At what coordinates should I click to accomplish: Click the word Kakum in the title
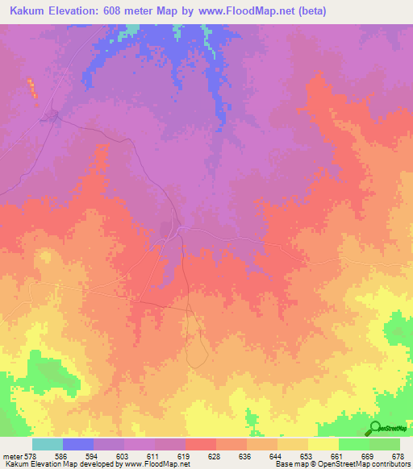[x=27, y=11]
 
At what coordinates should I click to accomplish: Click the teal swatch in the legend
[x=48, y=444]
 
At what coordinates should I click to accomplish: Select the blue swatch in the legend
[x=78, y=444]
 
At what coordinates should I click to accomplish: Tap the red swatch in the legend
[x=201, y=444]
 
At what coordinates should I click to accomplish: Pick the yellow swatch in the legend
[x=323, y=444]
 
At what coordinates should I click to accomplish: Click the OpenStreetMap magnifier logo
[x=375, y=428]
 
